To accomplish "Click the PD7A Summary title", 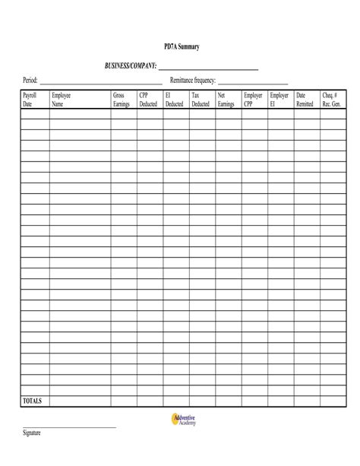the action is (x=182, y=47).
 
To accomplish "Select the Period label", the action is (x=30, y=81).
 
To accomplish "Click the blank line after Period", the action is (x=101, y=83).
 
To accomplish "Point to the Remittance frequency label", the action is (x=193, y=81).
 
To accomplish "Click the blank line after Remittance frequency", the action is (x=253, y=83).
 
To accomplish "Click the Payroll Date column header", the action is (x=30, y=100).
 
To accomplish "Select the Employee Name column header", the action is (x=61, y=100).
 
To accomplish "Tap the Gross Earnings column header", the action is (x=122, y=100).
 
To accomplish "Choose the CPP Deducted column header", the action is (x=148, y=100).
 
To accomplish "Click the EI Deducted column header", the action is (x=174, y=100).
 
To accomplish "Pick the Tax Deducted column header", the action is (x=200, y=100).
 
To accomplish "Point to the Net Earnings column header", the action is (x=226, y=100).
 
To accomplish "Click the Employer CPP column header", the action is (x=253, y=100).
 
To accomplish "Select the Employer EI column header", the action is (x=279, y=100).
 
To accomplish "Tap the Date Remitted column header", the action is (x=305, y=100).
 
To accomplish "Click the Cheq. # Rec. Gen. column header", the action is (x=332, y=100).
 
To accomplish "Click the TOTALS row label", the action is (x=33, y=401).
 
